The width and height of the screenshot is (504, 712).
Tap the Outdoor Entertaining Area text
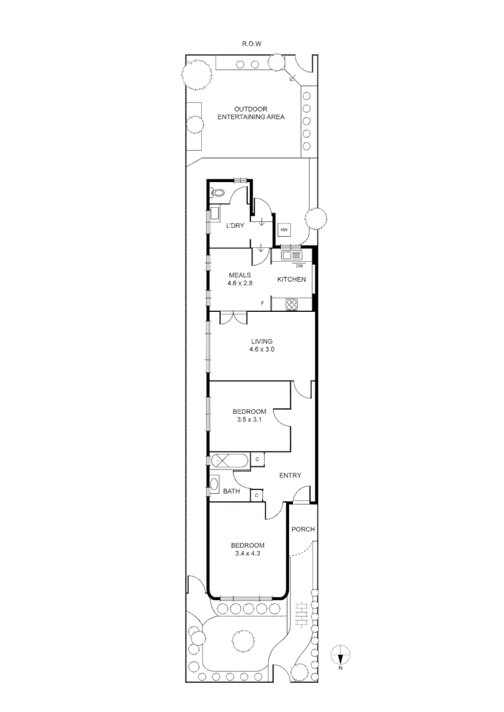tap(251, 113)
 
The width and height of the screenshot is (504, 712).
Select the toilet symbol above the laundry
tap(218, 193)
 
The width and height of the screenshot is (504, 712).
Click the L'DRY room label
tap(235, 226)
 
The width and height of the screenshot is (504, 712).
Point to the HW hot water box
tap(284, 229)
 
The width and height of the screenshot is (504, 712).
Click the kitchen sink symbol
tap(291, 255)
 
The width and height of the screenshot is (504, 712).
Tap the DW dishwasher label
tap(299, 266)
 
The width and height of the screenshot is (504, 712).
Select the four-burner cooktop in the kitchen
tap(291, 304)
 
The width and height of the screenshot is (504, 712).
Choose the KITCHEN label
tap(291, 280)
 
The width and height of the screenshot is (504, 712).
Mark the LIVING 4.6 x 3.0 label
tap(261, 345)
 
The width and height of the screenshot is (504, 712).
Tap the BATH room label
tap(230, 492)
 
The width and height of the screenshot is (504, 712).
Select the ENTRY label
tap(290, 475)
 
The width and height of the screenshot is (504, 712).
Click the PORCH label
tap(303, 529)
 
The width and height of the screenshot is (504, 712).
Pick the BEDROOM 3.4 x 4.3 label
tap(247, 549)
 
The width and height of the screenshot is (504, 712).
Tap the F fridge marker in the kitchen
tap(263, 303)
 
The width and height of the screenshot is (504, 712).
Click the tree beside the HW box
tap(315, 219)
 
